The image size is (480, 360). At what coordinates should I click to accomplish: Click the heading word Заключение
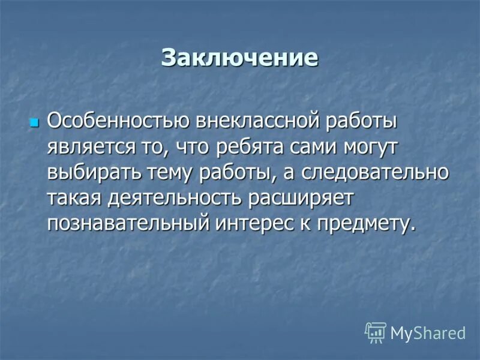(239, 58)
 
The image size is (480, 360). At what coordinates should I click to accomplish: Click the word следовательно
(376, 172)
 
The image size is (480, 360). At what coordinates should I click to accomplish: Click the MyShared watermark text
(428, 332)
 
